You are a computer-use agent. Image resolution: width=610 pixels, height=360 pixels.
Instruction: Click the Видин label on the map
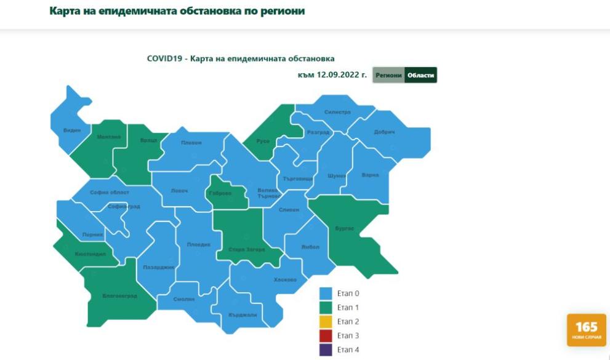point(71,130)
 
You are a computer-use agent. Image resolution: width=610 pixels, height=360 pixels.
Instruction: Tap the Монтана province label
point(108,137)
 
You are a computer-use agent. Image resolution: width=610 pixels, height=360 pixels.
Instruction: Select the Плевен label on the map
point(191,143)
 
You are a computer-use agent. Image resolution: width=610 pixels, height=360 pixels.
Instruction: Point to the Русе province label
point(263,142)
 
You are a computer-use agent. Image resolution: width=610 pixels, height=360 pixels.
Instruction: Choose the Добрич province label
point(384,132)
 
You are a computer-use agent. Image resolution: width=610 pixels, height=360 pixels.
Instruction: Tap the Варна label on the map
point(370,175)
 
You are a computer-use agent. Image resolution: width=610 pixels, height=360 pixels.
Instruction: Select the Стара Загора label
point(246,249)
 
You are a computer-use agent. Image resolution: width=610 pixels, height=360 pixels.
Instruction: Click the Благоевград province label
point(119,296)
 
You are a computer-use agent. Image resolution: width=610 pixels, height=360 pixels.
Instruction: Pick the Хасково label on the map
point(285,280)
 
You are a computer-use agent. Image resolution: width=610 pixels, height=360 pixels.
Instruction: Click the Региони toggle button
point(388,75)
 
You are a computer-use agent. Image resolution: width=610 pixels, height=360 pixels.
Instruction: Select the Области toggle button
point(421,75)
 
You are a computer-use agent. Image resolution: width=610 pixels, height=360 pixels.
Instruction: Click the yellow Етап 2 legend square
point(326,321)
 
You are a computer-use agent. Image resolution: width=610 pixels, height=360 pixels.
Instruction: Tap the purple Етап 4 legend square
point(326,350)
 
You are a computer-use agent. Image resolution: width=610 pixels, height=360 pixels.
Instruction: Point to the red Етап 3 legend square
point(326,335)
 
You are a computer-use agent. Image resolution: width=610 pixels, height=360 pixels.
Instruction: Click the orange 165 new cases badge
point(586,330)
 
